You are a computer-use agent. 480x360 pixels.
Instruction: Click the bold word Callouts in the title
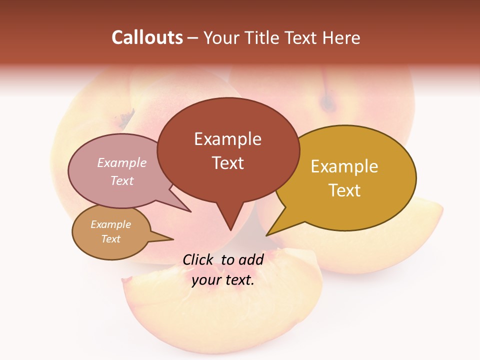tap(147, 37)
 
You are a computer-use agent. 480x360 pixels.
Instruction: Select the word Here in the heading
tap(342, 37)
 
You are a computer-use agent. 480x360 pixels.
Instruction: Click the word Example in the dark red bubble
tap(227, 139)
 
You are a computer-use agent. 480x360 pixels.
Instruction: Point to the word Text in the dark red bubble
tap(227, 163)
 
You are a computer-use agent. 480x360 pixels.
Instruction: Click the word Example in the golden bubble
tap(344, 166)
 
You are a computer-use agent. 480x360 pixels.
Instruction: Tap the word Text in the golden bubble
tap(344, 190)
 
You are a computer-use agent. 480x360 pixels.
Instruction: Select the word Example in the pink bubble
tap(121, 163)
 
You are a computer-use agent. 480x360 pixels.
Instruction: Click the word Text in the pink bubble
tap(121, 180)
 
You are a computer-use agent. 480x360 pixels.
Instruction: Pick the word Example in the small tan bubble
tap(110, 224)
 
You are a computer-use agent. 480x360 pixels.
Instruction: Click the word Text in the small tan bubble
tap(110, 239)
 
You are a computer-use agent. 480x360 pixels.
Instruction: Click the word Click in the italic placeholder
tap(198, 259)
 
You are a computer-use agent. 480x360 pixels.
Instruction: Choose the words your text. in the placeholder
tap(223, 280)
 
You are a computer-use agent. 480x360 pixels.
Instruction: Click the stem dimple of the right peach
tap(328, 103)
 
